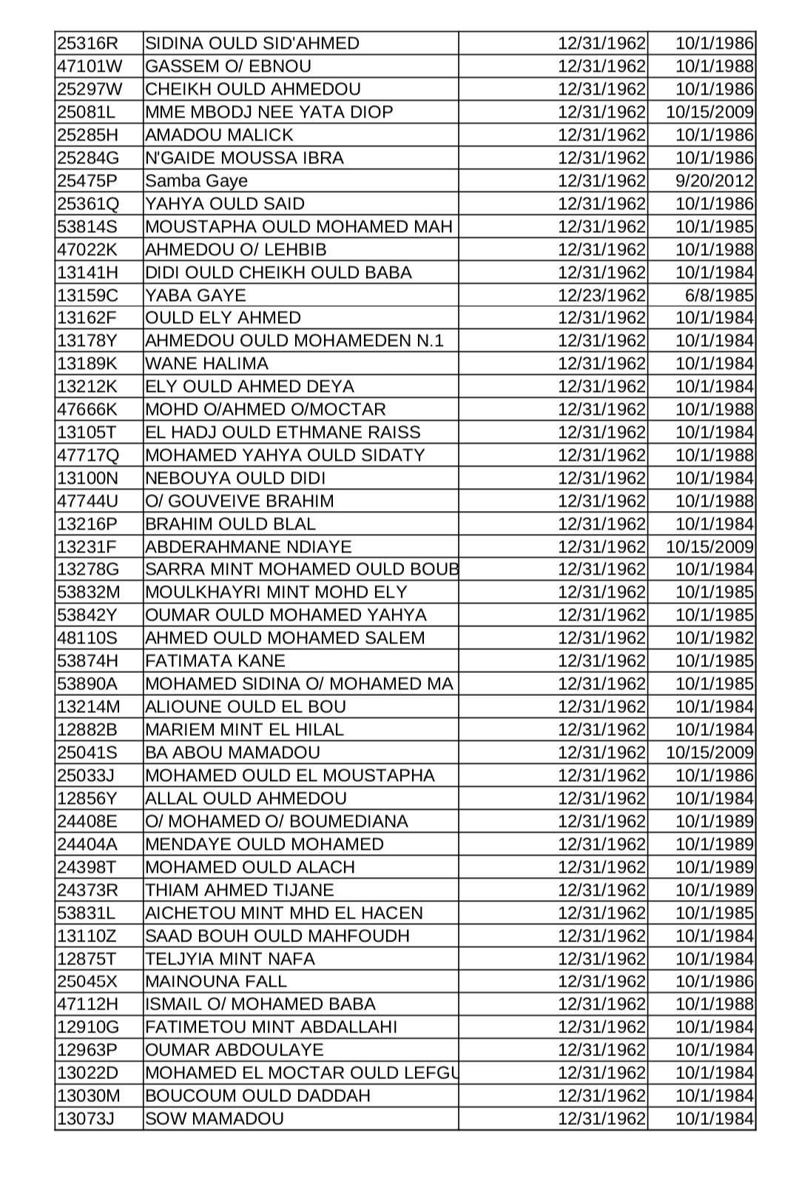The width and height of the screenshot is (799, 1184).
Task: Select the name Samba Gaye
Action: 196,181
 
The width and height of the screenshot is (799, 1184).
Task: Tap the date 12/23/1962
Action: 601,296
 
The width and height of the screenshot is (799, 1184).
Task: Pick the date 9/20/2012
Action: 715,181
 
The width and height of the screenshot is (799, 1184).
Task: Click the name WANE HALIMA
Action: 206,364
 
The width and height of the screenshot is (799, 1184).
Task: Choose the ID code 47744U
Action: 87,501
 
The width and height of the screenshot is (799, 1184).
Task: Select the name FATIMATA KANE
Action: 215,661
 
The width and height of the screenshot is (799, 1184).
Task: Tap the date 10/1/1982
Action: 715,638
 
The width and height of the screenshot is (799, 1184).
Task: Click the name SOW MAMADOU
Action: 215,1119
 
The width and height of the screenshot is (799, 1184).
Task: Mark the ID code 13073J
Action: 85,1119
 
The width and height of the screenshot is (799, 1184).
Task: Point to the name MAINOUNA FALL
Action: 216,981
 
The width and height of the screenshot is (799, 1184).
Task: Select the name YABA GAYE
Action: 195,296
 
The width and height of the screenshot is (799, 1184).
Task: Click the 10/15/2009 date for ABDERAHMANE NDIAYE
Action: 709,547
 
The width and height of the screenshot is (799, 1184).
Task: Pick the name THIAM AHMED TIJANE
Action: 240,890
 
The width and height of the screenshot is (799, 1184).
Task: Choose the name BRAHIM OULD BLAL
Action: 230,524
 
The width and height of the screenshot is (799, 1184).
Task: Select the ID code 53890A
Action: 87,684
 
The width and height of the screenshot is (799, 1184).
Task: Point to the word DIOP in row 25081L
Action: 367,112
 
